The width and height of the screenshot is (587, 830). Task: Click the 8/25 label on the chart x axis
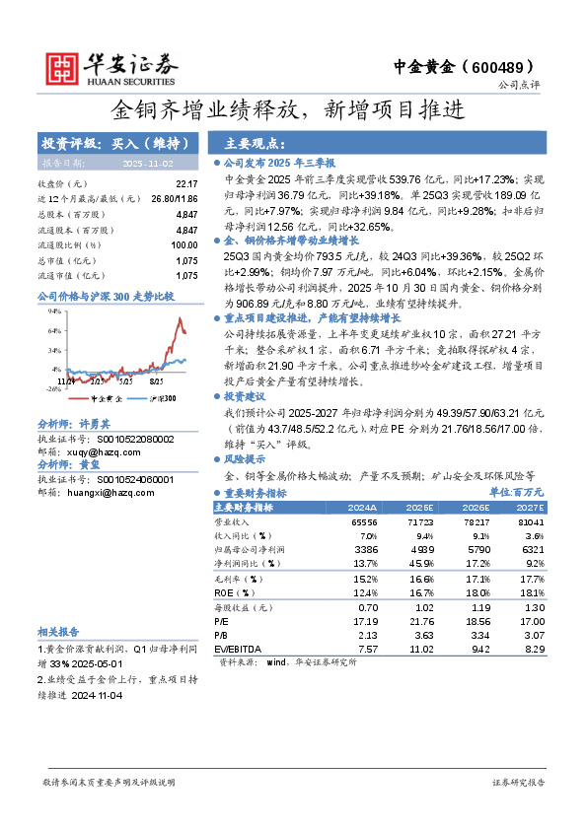pyautogui.click(x=157, y=379)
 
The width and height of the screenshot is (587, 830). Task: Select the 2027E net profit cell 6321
pyautogui.click(x=531, y=548)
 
